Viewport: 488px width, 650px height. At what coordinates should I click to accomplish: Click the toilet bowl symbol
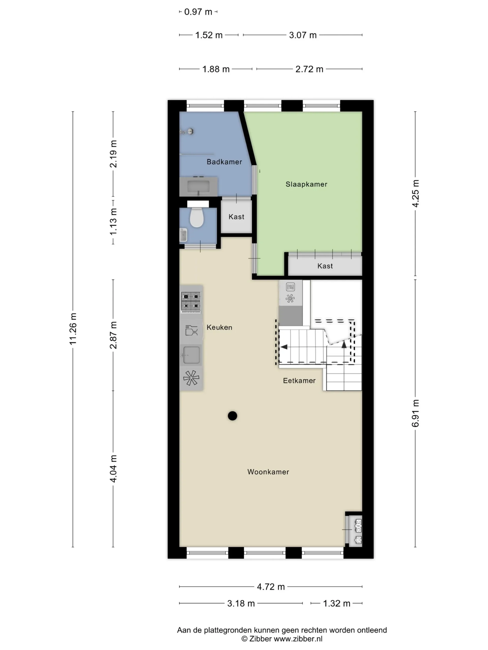197,217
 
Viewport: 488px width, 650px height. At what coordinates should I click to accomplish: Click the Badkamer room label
224,162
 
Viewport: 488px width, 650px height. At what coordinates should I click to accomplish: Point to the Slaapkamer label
306,184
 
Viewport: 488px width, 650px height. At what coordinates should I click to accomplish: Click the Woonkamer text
268,472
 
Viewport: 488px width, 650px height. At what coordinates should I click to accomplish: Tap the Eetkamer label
299,381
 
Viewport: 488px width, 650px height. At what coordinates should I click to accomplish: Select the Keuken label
219,327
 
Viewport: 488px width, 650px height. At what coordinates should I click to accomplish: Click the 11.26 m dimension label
73,329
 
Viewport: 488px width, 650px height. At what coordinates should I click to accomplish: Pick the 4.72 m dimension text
271,587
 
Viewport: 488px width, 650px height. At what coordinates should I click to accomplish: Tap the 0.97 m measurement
198,12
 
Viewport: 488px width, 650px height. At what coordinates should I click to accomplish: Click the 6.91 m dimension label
415,413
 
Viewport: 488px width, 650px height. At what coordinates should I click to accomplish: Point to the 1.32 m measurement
337,604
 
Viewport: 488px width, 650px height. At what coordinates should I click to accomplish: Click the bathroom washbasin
199,186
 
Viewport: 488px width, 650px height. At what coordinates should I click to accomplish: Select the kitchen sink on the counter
191,355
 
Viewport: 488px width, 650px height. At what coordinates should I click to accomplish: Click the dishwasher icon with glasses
191,331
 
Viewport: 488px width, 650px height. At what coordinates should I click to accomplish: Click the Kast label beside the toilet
236,217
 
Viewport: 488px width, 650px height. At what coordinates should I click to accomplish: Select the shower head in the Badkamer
187,131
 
